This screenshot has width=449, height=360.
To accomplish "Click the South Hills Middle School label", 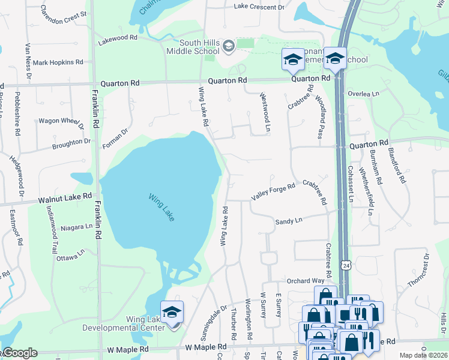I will click(x=199, y=46).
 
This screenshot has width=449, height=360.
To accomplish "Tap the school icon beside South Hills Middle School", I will click(x=228, y=46).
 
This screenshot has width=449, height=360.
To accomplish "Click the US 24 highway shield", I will click(x=346, y=265).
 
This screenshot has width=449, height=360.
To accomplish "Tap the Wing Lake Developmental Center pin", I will click(x=172, y=313).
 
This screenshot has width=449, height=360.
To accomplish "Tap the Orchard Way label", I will click(x=305, y=281).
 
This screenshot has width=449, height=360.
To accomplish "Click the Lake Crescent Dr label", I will click(x=259, y=7).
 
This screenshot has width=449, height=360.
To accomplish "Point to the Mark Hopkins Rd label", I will click(x=58, y=62).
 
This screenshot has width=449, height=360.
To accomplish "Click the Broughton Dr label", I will click(x=71, y=143).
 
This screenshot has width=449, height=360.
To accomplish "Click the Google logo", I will click(x=19, y=353).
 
